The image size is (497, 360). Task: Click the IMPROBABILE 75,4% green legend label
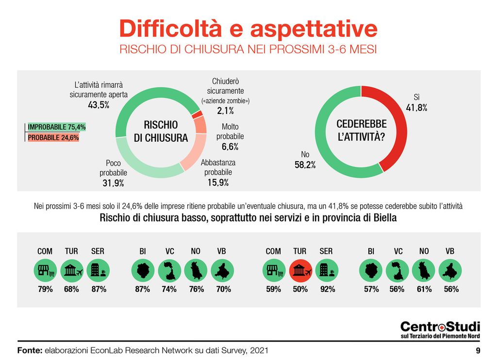(57, 127)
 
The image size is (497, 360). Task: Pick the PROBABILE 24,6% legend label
(53, 138)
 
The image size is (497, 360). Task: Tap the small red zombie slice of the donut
(197, 114)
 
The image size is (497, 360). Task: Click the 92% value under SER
(327, 289)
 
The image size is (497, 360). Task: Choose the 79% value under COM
(45, 289)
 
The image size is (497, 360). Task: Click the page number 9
(478, 350)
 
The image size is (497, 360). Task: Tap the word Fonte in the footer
(30, 350)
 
